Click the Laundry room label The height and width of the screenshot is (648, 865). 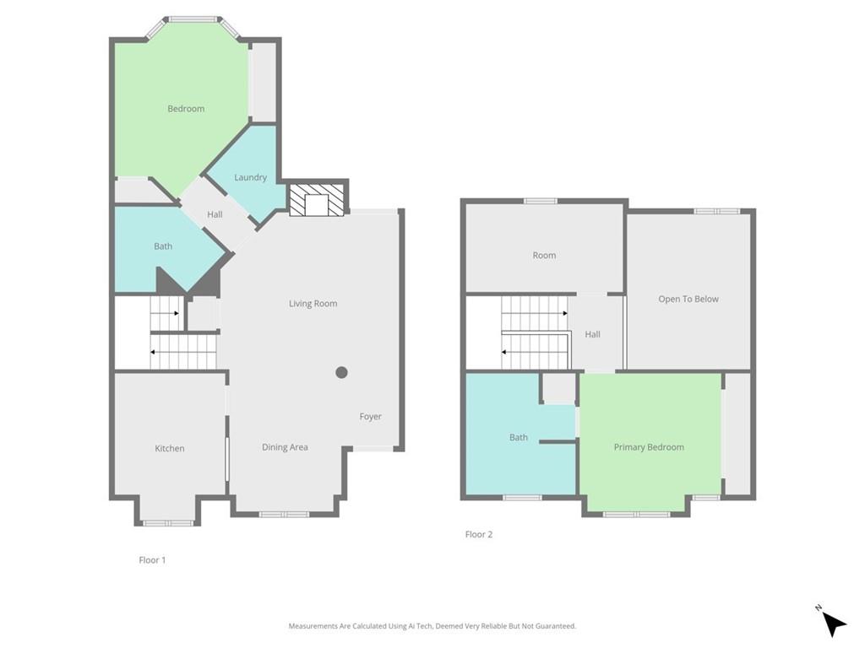coord(251,177)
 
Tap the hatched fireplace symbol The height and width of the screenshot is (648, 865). coord(318,200)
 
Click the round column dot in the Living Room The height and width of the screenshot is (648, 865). coord(341,372)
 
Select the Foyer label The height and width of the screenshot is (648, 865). coord(370,417)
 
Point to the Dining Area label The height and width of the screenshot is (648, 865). coord(285,447)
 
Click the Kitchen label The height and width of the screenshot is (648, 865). coord(169,449)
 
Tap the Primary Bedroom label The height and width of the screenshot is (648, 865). coord(649,447)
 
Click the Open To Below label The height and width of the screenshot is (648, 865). coord(688,299)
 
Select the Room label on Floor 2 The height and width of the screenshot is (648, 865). coord(544,256)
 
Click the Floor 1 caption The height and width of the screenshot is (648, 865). coord(152,559)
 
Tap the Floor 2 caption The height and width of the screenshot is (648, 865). coord(479,534)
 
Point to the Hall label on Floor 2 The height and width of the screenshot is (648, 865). coord(592,335)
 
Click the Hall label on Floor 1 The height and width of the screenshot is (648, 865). coord(215,215)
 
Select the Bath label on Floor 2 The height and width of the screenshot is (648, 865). coord(519,437)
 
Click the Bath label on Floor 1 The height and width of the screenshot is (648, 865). coord(163,246)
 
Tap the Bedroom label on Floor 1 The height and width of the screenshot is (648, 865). coord(186,109)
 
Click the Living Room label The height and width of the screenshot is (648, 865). coord(313,304)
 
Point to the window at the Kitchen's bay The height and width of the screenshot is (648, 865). coord(168,523)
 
